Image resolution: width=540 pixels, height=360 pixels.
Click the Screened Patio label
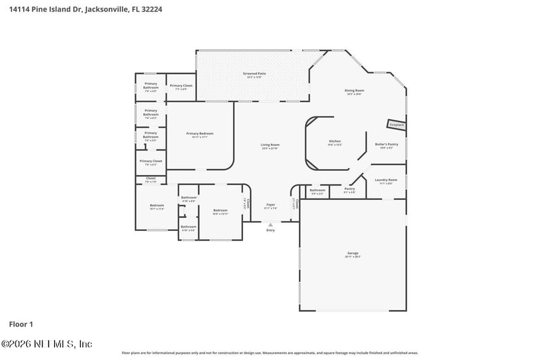[x=254, y=73]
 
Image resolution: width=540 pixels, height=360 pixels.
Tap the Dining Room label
[x=354, y=90]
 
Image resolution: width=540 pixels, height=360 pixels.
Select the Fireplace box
[x=396, y=125]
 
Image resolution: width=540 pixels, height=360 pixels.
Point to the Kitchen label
[x=335, y=141]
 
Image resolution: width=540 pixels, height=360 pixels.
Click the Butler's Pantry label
[x=387, y=144]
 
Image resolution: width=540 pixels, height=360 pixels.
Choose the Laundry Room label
[x=387, y=180]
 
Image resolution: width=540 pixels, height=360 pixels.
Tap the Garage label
[x=353, y=253]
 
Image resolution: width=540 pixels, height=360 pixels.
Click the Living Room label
[x=270, y=145]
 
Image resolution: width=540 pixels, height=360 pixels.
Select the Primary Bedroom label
[x=200, y=133]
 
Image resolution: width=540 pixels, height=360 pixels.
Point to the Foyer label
[x=270, y=204]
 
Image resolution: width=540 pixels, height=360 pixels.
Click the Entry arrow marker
[x=271, y=224]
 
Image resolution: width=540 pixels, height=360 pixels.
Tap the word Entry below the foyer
[x=271, y=230]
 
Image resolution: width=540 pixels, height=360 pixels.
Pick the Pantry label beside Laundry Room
[x=349, y=189]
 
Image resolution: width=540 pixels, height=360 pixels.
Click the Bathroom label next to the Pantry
[x=317, y=190]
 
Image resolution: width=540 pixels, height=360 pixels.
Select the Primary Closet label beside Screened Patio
[x=181, y=86]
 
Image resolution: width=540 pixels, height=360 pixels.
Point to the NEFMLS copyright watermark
[x=47, y=344]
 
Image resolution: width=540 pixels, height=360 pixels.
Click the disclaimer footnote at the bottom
[x=269, y=353]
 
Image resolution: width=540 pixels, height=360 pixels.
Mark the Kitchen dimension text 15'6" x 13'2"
[x=335, y=145]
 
